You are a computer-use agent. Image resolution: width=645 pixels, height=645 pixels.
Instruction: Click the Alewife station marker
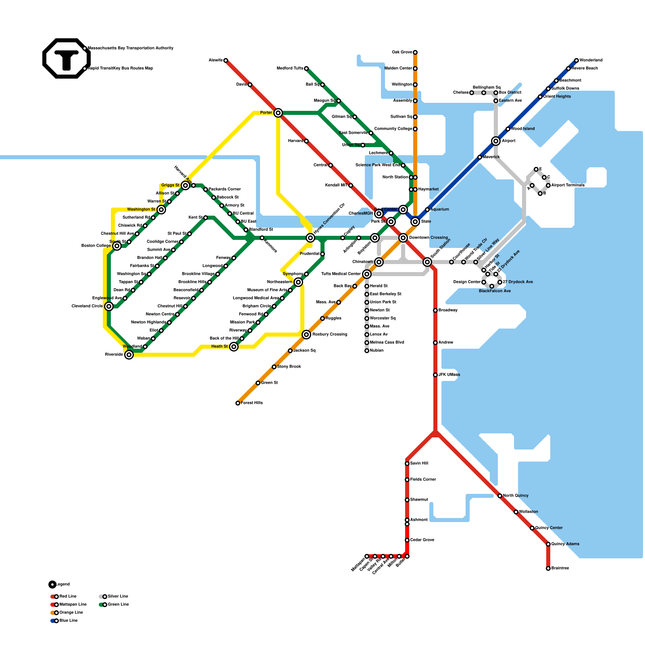pos(226,60)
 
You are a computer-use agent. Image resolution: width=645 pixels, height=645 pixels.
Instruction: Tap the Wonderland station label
pos(591,60)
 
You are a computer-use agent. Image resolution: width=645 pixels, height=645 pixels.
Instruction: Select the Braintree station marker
pos(548,568)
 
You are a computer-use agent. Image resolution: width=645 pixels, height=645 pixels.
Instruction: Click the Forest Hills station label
pos(252,403)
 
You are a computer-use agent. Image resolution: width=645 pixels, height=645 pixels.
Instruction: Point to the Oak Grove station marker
pos(415,52)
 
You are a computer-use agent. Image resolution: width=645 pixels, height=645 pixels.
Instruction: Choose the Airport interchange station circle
pos(496,141)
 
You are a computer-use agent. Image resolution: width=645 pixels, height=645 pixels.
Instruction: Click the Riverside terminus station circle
pos(129,355)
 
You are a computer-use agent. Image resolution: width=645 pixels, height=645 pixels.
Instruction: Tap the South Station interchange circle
pos(427,262)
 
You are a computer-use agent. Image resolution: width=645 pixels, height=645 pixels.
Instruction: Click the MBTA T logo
pos(67,58)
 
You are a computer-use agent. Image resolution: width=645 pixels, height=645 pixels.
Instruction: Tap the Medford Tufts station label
pos(290,69)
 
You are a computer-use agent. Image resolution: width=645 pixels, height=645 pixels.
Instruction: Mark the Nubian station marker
pos(367,351)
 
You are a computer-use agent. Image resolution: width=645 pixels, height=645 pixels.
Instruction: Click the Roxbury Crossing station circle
pos(306,335)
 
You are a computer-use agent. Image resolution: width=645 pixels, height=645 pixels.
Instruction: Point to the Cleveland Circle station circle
pos(109,306)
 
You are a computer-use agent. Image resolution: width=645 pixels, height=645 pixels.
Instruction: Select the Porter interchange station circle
pos(278,113)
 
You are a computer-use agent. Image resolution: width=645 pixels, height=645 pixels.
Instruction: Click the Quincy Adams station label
pos(565,544)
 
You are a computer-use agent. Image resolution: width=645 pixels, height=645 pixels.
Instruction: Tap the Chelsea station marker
pos(472,93)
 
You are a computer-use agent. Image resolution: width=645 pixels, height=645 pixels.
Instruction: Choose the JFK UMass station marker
pos(435,375)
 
